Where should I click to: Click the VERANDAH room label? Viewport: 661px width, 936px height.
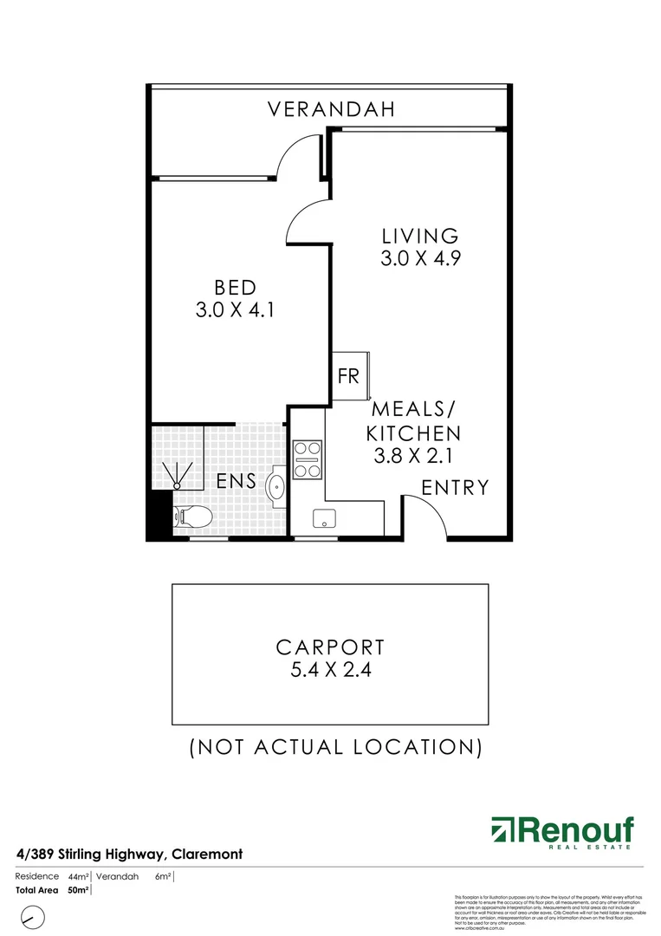point(331,109)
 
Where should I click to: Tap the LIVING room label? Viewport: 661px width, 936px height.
point(419,236)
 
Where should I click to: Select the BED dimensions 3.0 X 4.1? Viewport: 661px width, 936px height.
point(235,309)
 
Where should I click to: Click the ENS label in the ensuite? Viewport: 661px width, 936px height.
point(237,481)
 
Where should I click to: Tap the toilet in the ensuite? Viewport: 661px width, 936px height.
point(192,517)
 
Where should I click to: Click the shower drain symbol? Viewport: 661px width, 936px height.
point(180,474)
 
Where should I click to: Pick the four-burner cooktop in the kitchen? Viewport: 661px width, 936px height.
point(307,460)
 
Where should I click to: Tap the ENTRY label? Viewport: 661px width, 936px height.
point(455,488)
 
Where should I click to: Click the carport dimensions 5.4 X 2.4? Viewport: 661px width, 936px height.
point(330,670)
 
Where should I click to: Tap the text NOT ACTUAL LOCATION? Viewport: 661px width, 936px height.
point(335,746)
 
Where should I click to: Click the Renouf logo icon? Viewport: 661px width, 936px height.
point(502,830)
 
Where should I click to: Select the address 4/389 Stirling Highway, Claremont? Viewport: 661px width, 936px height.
point(129,855)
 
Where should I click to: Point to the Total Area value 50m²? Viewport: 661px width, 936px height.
point(77,890)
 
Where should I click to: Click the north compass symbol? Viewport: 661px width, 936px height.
point(34,916)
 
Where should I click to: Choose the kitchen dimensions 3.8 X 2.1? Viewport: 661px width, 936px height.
point(413,455)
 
